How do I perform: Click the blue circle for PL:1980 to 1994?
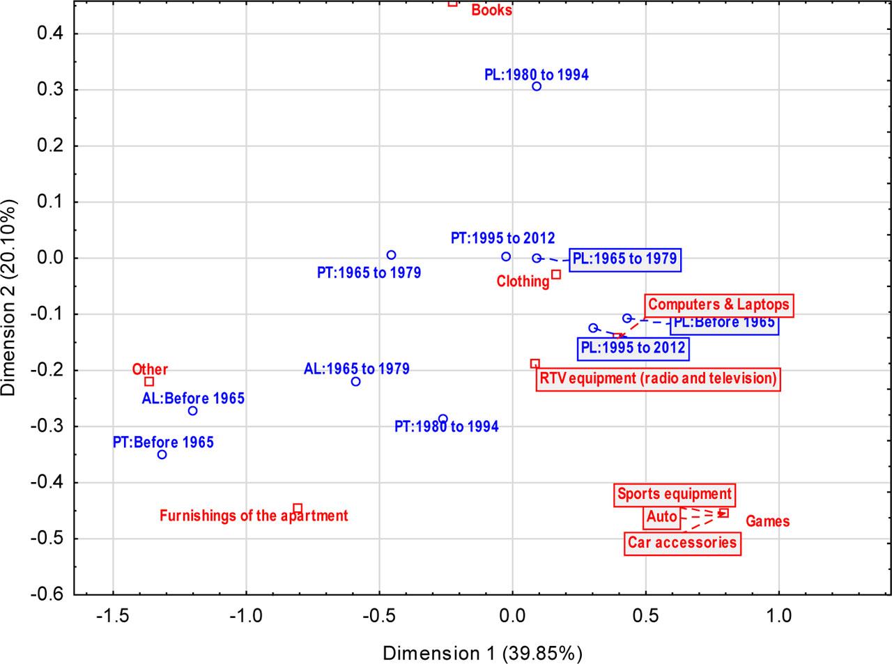[x=537, y=86]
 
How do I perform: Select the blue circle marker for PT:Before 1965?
[x=162, y=455]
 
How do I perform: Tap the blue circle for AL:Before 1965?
[x=192, y=411]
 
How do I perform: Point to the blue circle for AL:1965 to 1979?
[x=355, y=382]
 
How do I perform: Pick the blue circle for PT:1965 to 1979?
[x=391, y=256]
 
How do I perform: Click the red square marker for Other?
[x=149, y=382]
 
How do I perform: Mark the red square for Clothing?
[x=556, y=275]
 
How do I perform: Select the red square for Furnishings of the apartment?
[x=298, y=508]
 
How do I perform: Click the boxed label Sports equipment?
[x=675, y=495]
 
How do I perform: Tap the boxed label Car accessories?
[x=682, y=542]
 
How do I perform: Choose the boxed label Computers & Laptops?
[x=719, y=304]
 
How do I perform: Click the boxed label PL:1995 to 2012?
[x=633, y=348]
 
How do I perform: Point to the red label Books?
[x=491, y=10]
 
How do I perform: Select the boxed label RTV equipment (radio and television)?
[x=658, y=378]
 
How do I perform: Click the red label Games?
[x=767, y=521]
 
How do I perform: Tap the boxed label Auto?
[x=662, y=517]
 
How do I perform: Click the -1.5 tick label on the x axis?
[x=113, y=616]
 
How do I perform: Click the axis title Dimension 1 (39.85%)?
[x=482, y=653]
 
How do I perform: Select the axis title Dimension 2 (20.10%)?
[x=9, y=298]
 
